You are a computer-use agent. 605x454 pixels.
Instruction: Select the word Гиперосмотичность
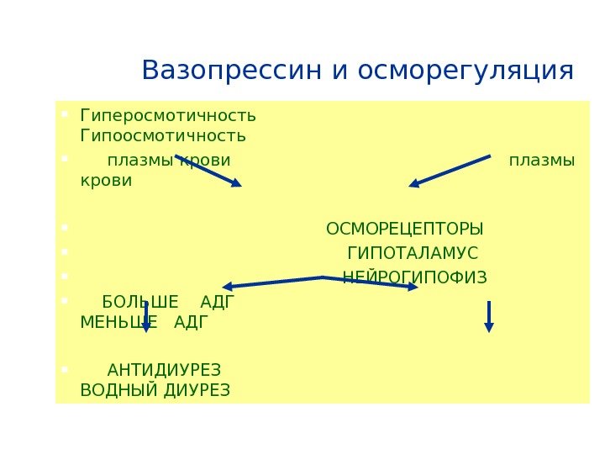point(168,114)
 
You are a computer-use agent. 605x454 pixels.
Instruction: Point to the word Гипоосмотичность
point(163,135)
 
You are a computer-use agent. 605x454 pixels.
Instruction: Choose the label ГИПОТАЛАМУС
point(413,254)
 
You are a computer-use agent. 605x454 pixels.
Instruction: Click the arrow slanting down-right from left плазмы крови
point(208,170)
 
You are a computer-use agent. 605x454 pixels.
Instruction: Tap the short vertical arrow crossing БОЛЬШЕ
point(146,316)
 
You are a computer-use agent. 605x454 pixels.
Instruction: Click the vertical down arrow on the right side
point(489,316)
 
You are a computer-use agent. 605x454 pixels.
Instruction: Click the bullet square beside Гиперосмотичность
point(64,110)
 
